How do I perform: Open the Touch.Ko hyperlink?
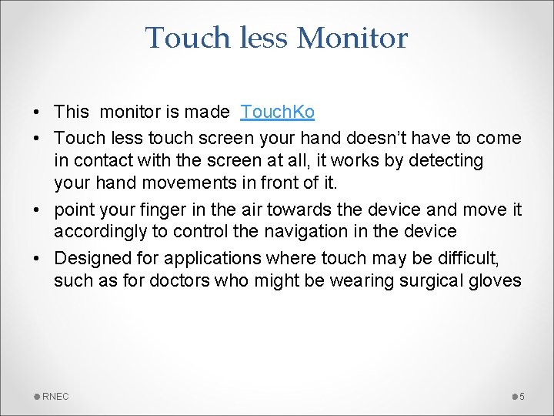[x=277, y=112]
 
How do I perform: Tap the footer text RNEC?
[x=55, y=396]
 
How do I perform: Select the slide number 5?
[x=522, y=396]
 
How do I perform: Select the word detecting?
[x=459, y=161]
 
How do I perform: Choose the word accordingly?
[x=99, y=232]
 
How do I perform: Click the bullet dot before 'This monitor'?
[x=37, y=112]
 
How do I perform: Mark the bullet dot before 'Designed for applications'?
[x=37, y=257]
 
